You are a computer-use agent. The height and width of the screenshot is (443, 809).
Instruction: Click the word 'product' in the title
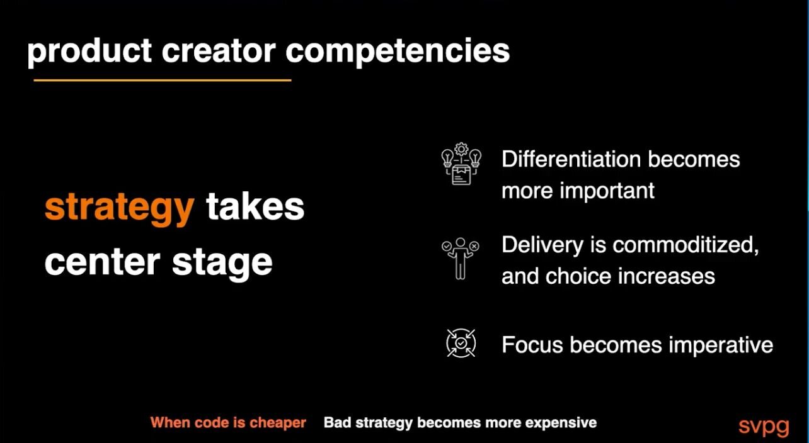coord(89,52)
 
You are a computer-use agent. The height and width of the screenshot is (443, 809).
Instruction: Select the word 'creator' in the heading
coord(219,51)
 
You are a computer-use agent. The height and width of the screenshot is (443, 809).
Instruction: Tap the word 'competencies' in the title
coord(398,52)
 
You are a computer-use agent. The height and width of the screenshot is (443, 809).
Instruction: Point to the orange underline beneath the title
coord(163,80)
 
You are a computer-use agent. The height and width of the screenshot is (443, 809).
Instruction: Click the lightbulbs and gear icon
coord(461,164)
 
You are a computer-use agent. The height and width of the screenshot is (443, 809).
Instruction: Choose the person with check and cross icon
coord(461,258)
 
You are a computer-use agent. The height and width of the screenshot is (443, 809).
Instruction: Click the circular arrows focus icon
coord(461,343)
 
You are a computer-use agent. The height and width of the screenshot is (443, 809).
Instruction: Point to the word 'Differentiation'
coord(571,159)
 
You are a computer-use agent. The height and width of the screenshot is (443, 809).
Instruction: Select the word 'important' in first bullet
coord(607,191)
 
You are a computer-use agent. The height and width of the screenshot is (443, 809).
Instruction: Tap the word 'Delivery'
coord(542,245)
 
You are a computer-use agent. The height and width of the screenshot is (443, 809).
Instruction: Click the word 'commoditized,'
coord(686,245)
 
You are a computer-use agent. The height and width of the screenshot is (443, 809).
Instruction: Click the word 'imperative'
coord(721,345)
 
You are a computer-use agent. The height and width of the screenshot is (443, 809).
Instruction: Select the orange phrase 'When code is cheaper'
coord(228,422)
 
